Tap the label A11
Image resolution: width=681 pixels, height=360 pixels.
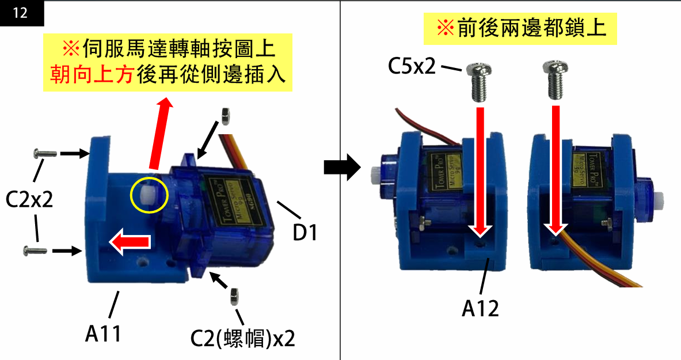(x=104, y=334)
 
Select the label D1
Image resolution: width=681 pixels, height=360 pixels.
(x=305, y=233)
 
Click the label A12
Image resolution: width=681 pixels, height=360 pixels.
(x=480, y=309)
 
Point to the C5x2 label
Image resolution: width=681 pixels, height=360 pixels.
(x=412, y=66)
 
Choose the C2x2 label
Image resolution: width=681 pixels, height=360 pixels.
(x=29, y=200)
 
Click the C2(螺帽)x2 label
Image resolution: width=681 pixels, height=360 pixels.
(x=243, y=339)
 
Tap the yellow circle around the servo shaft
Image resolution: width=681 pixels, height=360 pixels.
(x=150, y=195)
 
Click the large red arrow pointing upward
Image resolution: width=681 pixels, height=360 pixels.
(x=160, y=132)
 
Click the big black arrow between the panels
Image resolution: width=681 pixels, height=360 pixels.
(x=343, y=168)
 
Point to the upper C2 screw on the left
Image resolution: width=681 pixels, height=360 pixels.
(x=44, y=153)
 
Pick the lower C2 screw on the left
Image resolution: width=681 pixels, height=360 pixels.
(x=35, y=251)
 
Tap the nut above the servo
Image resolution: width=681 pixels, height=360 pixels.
(x=225, y=116)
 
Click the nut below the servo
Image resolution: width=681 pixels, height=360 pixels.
(x=234, y=297)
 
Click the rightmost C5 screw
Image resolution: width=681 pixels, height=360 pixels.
(x=556, y=81)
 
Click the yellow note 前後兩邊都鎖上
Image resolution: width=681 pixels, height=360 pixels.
(x=520, y=29)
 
